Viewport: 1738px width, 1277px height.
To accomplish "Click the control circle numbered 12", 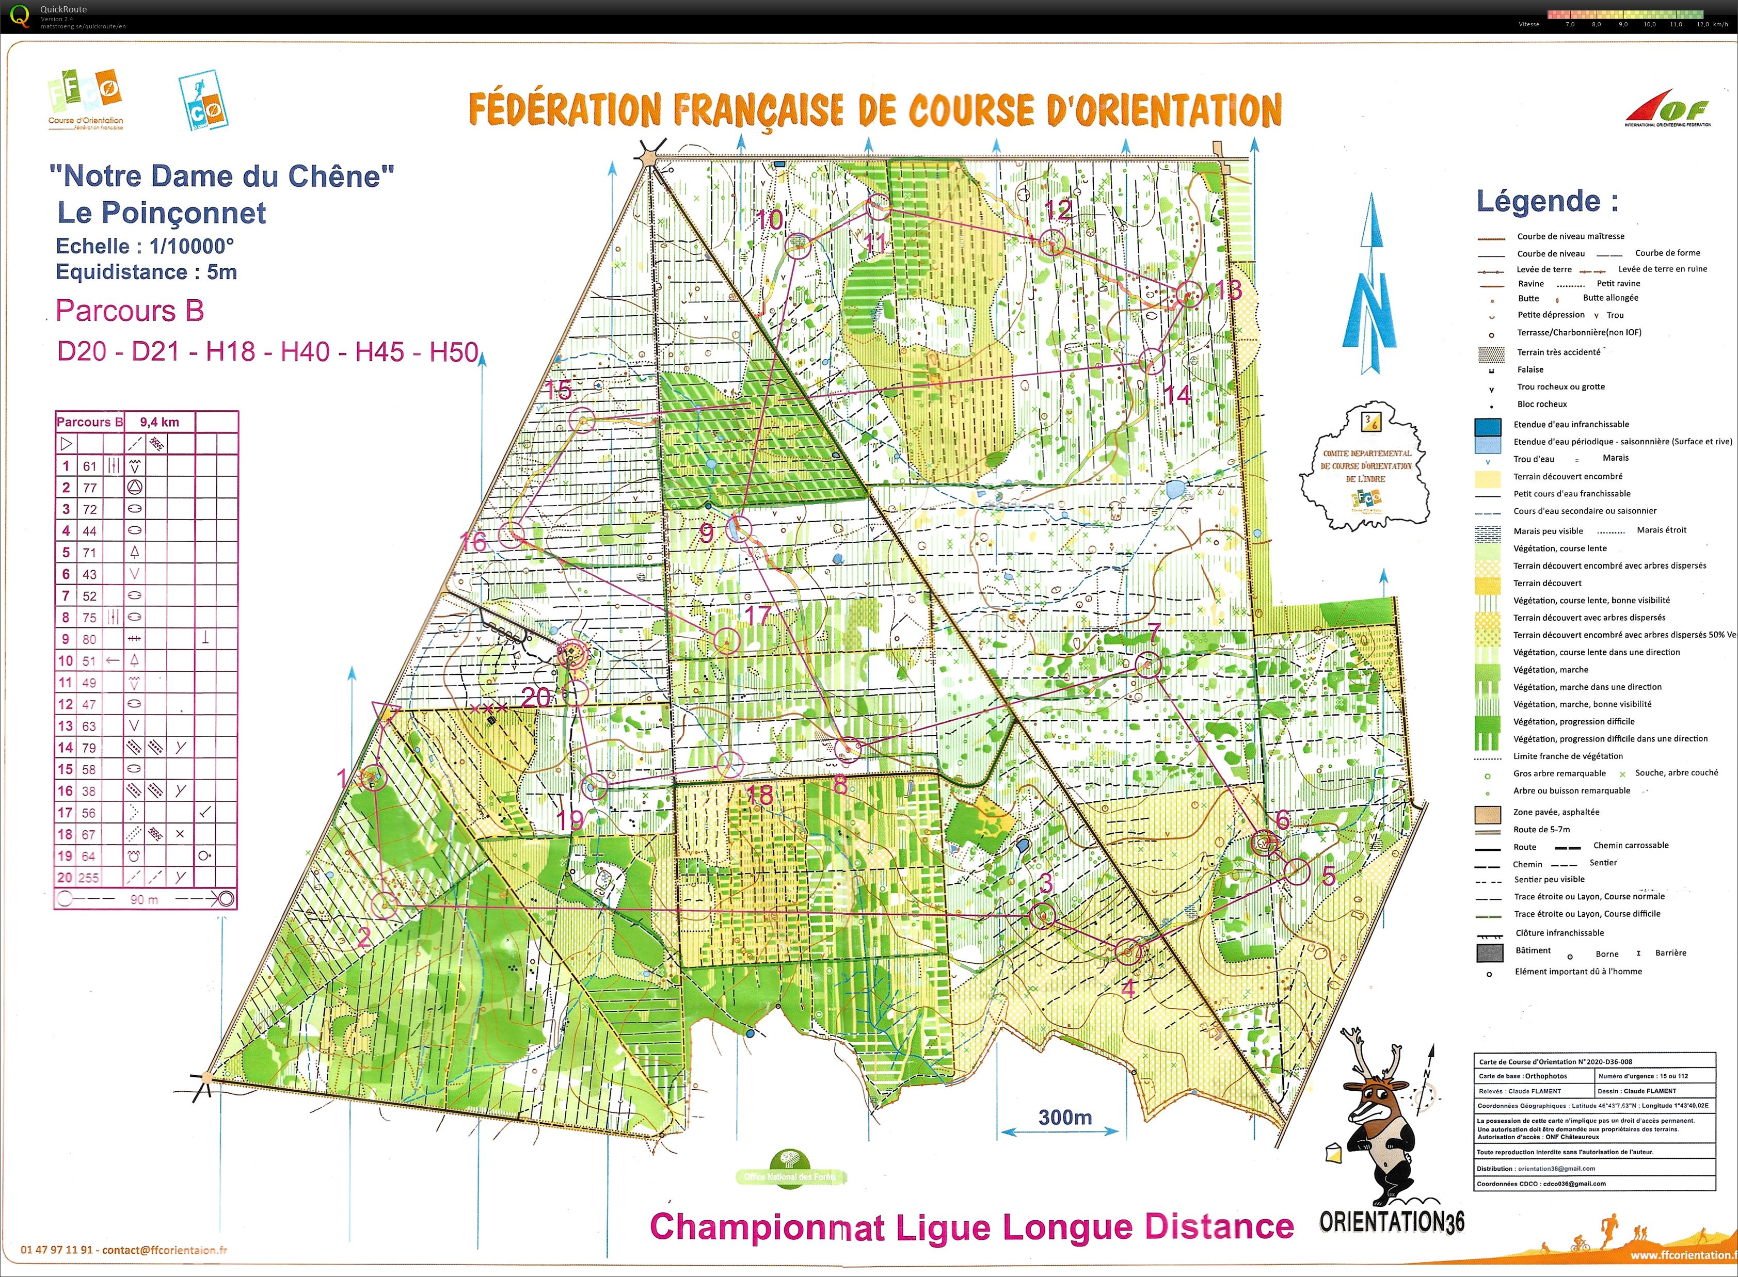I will (1052, 244).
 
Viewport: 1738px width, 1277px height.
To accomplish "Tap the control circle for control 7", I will (1150, 664).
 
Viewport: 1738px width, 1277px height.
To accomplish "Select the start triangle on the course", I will (384, 712).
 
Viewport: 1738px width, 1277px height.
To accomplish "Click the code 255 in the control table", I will (90, 877).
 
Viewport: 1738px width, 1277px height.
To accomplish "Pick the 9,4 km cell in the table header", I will (160, 422).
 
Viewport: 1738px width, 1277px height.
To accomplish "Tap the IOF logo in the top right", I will (1668, 112).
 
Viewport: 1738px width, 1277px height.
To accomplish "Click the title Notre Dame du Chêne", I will (222, 176).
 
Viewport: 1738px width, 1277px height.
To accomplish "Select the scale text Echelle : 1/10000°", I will (144, 246).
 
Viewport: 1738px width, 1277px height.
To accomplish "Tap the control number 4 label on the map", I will (1128, 987).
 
